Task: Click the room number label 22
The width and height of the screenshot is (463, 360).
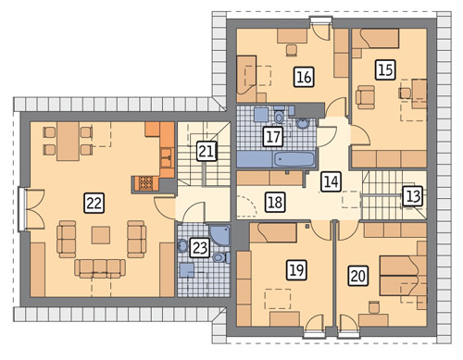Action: pos(94,203)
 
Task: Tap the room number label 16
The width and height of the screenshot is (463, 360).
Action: pos(304,77)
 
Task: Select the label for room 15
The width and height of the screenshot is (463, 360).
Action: pos(386,69)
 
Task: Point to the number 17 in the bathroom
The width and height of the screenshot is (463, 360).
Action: pos(273,136)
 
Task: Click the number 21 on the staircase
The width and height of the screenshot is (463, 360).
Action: pos(206,151)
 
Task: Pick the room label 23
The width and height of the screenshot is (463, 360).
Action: pos(200,248)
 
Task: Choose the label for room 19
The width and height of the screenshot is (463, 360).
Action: pos(296,270)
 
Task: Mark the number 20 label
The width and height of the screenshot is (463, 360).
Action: pos(358,276)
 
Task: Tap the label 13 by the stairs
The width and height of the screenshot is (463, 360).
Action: pos(413,196)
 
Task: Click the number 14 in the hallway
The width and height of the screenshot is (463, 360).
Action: pos(332,181)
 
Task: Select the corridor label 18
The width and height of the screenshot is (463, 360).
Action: pos(275,203)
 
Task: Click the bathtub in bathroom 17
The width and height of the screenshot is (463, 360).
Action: pos(294,159)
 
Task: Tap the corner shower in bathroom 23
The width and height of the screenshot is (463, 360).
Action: pos(220,234)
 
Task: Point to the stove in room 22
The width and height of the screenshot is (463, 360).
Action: pos(145,183)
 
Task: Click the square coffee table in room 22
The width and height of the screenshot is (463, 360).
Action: pos(101,235)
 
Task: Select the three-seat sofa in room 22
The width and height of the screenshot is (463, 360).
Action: pos(100,267)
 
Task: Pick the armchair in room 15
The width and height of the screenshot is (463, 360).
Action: pos(366,97)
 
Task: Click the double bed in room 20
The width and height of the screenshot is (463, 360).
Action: pos(399,276)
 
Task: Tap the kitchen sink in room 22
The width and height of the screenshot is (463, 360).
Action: pos(167,157)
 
